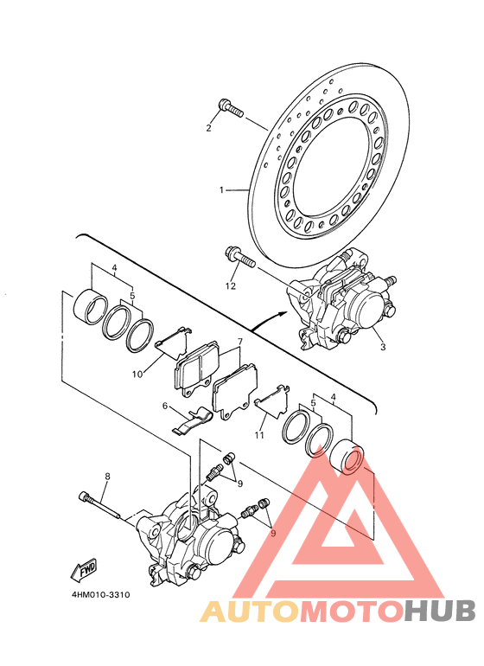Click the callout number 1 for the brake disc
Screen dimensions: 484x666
(x=221, y=190)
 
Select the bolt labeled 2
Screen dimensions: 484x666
(x=231, y=108)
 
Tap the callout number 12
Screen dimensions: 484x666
(x=231, y=286)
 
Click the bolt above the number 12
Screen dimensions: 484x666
(x=240, y=257)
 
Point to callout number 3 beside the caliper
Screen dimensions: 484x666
(x=383, y=347)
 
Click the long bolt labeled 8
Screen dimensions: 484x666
(x=99, y=505)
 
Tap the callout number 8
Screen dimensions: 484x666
(x=107, y=477)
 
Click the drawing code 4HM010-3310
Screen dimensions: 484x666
(x=100, y=595)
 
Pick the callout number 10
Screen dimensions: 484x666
(x=137, y=375)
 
